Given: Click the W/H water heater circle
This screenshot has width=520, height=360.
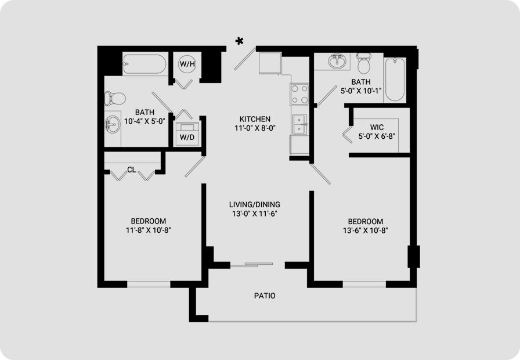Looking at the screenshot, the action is (x=187, y=64).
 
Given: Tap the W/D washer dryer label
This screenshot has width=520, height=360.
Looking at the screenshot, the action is (x=187, y=137).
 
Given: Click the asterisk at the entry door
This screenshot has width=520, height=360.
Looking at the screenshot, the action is (x=240, y=41).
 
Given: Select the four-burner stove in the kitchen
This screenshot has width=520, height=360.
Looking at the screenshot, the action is (x=299, y=94).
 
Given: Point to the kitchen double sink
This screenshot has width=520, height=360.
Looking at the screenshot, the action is (x=299, y=124).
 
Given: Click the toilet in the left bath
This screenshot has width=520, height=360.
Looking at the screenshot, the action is (x=115, y=98).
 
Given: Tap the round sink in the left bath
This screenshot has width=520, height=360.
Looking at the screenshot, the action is (x=113, y=124).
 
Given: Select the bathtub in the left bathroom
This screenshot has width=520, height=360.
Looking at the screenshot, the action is (x=145, y=64).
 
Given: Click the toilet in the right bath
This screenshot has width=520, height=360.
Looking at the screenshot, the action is (x=363, y=63).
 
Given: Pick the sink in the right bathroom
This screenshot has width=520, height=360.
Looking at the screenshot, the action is (x=337, y=61).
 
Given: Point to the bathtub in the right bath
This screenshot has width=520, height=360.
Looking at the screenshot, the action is (x=395, y=80).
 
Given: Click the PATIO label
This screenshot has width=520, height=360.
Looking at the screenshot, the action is (x=265, y=296).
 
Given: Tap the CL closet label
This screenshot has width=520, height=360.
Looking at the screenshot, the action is (x=132, y=170).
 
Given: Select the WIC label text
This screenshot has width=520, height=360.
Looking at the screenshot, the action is (x=377, y=127).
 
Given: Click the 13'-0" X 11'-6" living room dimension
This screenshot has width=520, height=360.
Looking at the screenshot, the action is (x=255, y=214).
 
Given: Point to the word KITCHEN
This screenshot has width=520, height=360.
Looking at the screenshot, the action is (x=255, y=119).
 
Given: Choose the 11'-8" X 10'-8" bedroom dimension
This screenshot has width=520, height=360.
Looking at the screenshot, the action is (x=148, y=230).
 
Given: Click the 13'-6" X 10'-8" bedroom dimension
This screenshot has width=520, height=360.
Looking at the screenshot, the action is (x=366, y=231).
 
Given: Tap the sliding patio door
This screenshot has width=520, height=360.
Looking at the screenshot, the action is (x=252, y=265).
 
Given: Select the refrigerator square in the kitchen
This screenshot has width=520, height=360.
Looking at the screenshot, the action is (x=270, y=63).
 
